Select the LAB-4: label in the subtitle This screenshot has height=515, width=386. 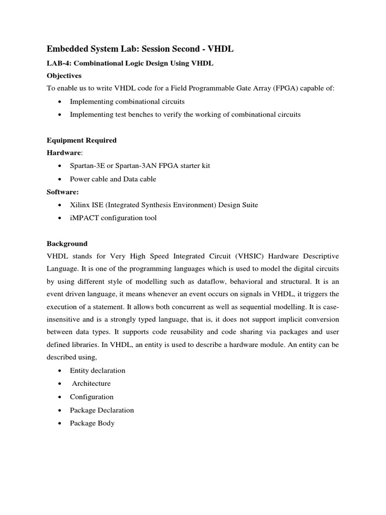coord(58,62)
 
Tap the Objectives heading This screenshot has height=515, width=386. coord(64,75)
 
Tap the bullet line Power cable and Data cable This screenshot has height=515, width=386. coord(113,179)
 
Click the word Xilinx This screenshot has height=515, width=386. coord(80,205)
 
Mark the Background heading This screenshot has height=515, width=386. coord(67,243)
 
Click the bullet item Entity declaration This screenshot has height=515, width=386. coord(98,370)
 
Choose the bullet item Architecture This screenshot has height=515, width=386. coord(91,383)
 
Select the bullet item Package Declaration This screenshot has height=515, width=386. coord(102,410)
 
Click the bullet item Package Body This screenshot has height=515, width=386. coord(92,423)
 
